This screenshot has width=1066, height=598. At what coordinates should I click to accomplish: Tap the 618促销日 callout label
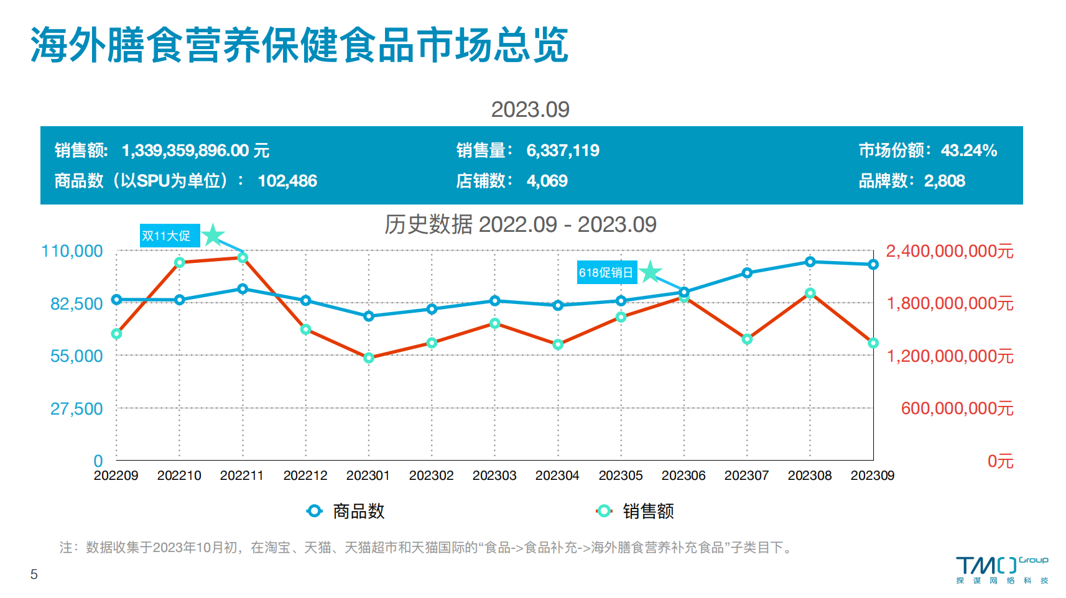pyautogui.click(x=606, y=272)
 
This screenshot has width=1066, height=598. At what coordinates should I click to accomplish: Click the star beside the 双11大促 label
pyautogui.click(x=213, y=235)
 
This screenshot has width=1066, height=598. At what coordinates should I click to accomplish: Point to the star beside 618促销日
pyautogui.click(x=651, y=272)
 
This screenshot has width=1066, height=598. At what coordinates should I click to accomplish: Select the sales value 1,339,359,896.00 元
pyautogui.click(x=195, y=150)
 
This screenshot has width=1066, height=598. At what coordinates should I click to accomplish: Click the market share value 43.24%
pyautogui.click(x=968, y=150)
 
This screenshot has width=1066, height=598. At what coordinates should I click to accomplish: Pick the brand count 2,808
pyautogui.click(x=944, y=181)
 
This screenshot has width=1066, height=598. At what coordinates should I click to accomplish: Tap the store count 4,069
pyautogui.click(x=547, y=181)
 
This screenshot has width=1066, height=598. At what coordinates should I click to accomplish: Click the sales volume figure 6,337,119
pyautogui.click(x=563, y=150)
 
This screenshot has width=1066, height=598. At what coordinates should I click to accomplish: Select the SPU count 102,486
pyautogui.click(x=287, y=181)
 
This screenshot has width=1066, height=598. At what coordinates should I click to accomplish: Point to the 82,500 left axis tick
pyautogui.click(x=76, y=304)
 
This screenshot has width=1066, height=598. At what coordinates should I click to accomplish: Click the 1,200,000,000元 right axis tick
pyautogui.click(x=950, y=356)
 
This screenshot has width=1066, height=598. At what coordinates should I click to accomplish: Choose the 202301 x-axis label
pyautogui.click(x=368, y=476)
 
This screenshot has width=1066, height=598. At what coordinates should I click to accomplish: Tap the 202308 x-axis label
pyautogui.click(x=809, y=476)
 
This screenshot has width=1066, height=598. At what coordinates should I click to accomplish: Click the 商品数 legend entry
pyautogui.click(x=347, y=511)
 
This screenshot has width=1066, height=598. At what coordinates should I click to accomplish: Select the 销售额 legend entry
pyautogui.click(x=636, y=511)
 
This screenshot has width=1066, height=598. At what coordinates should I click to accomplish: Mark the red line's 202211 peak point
pyautogui.click(x=243, y=257)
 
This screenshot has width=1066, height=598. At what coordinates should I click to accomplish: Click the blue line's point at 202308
pyautogui.click(x=810, y=262)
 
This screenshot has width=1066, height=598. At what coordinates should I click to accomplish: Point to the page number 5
pyautogui.click(x=34, y=574)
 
